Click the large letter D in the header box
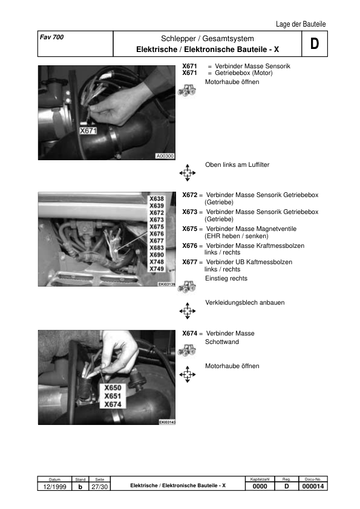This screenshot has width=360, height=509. click(x=314, y=44)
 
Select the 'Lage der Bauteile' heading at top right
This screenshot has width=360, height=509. click(x=301, y=24)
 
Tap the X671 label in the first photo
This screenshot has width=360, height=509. click(x=89, y=130)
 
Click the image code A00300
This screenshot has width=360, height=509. click(x=165, y=156)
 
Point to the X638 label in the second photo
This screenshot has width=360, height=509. click(x=157, y=198)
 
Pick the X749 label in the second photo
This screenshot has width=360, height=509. click(x=157, y=268)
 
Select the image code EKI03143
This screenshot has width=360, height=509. click(x=166, y=423)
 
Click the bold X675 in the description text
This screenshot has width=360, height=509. click(x=190, y=229)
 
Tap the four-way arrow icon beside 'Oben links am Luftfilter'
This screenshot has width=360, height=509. click(x=187, y=173)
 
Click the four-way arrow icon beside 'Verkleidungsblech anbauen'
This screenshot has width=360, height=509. click(x=187, y=311)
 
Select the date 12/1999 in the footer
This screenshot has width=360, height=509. click(x=54, y=487)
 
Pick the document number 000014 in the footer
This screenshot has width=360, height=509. click(x=314, y=487)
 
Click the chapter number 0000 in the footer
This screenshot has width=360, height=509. click(x=260, y=487)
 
